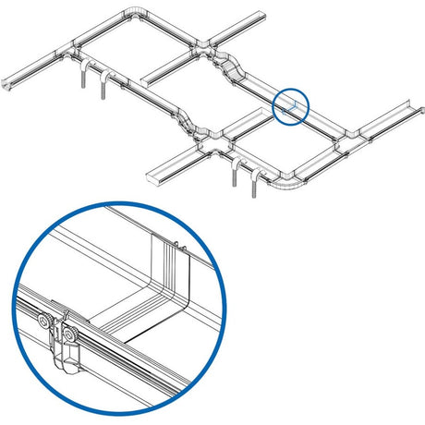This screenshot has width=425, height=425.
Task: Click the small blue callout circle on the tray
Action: click(290, 104)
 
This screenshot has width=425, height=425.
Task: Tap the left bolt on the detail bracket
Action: click(43, 321)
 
